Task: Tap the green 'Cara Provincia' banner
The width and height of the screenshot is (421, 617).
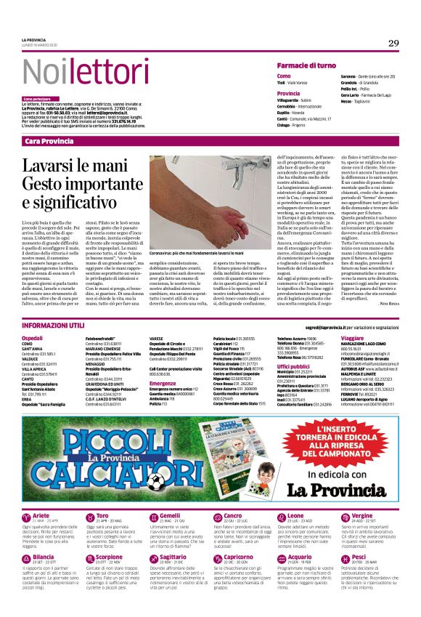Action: click(48, 140)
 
